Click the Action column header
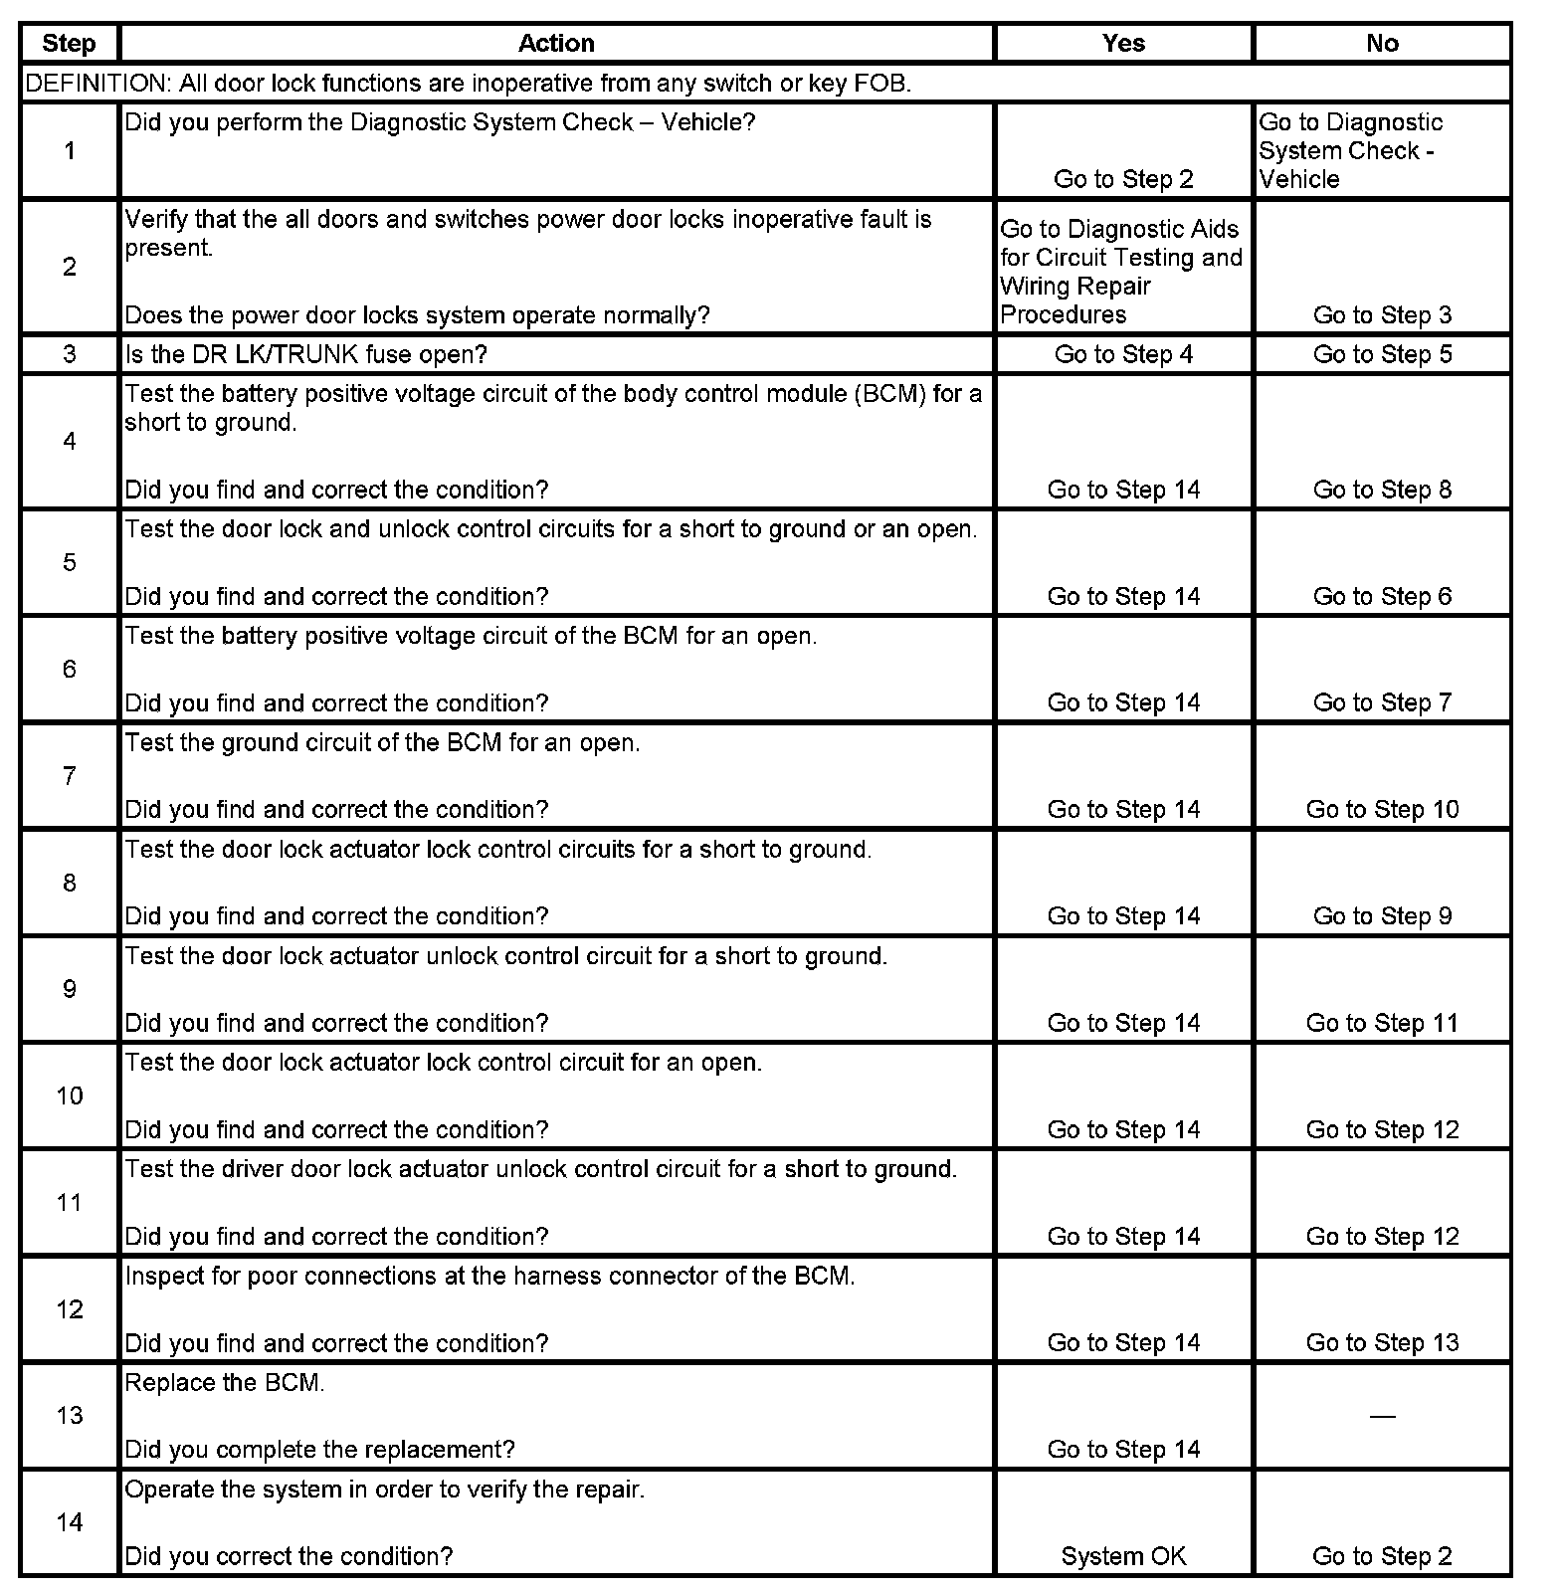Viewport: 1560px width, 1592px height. [556, 43]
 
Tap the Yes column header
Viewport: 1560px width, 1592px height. [1123, 43]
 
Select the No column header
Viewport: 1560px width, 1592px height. [1382, 43]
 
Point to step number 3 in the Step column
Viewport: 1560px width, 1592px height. [69, 354]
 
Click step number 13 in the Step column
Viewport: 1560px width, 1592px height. [69, 1415]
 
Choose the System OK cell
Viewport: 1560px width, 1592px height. [1123, 1556]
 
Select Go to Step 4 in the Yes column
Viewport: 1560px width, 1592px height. [1123, 354]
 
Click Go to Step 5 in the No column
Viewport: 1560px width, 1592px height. [1382, 354]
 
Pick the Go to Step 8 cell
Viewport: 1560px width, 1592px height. [1382, 490]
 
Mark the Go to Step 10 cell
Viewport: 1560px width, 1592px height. [1382, 809]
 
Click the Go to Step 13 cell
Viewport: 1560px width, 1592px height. [1382, 1342]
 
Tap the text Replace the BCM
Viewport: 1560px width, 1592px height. [225, 1383]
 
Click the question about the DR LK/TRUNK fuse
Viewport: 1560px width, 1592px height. [305, 354]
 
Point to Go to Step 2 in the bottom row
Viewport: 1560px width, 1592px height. [1382, 1556]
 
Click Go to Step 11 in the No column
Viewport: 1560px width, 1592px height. [1382, 1023]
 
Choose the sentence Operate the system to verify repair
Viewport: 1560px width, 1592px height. [385, 1490]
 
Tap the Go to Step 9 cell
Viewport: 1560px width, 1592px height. [1382, 915]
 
